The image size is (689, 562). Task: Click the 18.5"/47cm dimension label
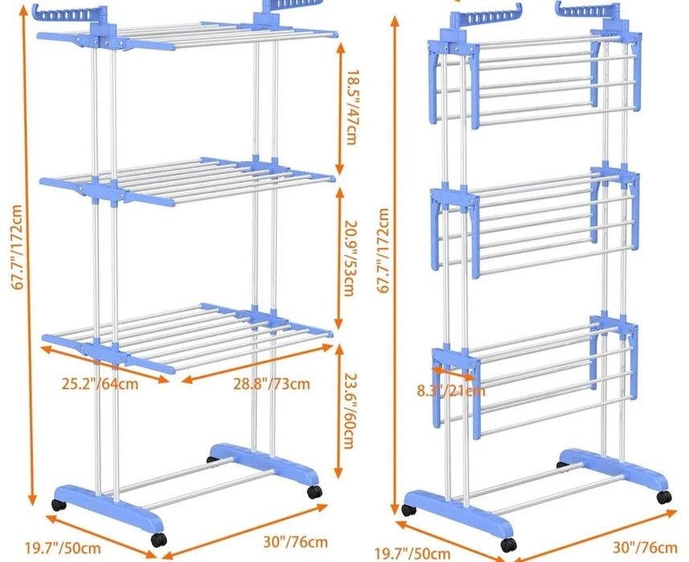click(352, 108)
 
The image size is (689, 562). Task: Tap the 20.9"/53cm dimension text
click(351, 259)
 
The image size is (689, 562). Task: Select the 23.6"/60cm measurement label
click(349, 411)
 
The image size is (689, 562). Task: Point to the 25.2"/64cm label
click(100, 384)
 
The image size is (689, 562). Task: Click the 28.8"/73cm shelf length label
click(271, 384)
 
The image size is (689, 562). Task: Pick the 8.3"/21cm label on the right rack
click(450, 391)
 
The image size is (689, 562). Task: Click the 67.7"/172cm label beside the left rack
click(17, 247)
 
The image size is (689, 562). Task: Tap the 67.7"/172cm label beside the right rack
click(383, 250)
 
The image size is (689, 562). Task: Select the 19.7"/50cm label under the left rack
click(63, 548)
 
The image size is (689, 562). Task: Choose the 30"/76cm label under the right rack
click(645, 548)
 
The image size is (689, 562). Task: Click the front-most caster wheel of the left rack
click(159, 540)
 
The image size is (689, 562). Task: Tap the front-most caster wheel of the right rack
click(508, 545)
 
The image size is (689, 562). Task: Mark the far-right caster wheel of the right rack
click(664, 497)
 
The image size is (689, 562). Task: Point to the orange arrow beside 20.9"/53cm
click(339, 259)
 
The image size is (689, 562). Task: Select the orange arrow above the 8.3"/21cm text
click(454, 374)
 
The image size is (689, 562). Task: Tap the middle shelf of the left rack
click(187, 181)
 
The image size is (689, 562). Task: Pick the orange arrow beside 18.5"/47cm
click(340, 108)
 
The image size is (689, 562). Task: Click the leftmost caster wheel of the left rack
click(59, 505)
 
